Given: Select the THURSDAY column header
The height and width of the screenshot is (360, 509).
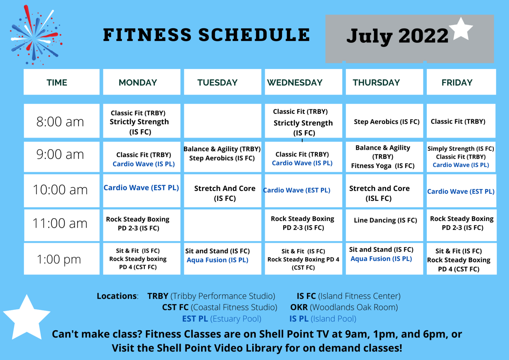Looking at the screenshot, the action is [376, 83].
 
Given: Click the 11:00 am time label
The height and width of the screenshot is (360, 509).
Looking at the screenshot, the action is [60, 223].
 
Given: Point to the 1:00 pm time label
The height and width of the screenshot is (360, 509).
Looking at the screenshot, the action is [59, 260].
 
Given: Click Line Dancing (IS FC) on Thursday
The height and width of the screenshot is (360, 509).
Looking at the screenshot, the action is [385, 220].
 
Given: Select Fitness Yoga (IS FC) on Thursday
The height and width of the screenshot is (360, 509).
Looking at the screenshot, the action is [383, 166].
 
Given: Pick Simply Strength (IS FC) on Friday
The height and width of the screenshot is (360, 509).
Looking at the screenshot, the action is [461, 149].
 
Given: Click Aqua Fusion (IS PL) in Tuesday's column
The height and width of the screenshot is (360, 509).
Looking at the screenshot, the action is [217, 260].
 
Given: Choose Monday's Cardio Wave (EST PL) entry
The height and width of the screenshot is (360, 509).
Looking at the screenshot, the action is [141, 188].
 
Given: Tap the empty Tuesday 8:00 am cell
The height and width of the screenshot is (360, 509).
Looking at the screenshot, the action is [222, 121].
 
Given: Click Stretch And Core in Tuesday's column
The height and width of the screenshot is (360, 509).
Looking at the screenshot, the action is [225, 188].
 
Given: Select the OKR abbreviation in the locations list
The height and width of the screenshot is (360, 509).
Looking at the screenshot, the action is [299, 307].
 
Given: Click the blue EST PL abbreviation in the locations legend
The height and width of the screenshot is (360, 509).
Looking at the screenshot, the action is [195, 319].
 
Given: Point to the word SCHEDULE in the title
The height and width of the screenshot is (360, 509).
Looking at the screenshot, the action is [254, 35].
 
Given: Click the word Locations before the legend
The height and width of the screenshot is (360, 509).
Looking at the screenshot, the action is [117, 296].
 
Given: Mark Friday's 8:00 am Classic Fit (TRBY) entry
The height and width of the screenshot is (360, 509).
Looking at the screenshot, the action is [458, 122].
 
